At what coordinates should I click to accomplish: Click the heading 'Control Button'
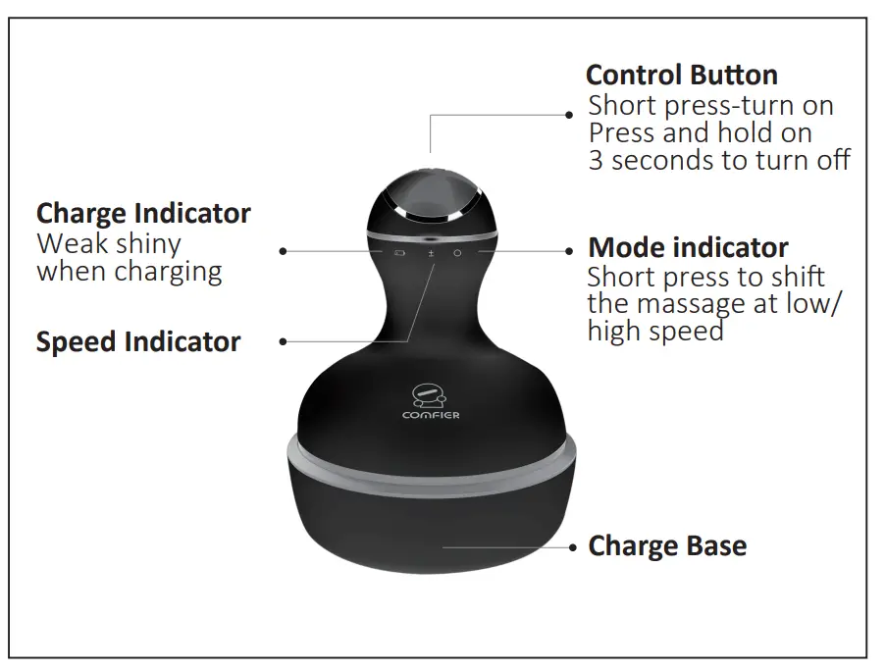point(681,76)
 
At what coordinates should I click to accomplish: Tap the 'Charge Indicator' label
point(143,213)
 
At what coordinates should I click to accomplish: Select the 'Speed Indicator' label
point(138,342)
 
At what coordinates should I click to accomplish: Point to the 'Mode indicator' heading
point(688,247)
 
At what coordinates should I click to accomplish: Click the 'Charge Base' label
point(667,546)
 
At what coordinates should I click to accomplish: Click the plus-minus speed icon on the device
point(430,252)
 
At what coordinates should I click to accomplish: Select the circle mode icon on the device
point(457,252)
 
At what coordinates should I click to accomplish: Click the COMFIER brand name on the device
point(431,415)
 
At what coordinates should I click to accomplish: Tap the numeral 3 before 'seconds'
point(596,160)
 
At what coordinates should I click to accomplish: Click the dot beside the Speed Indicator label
point(283,342)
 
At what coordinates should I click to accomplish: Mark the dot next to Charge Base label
point(572,546)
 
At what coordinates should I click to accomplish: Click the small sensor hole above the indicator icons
point(430,238)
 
